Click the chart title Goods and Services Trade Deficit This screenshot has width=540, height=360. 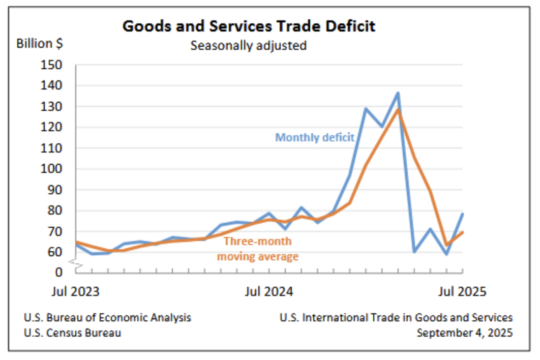click(249, 26)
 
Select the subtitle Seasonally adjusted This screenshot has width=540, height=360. click(249, 45)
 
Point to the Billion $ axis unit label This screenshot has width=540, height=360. click(40, 43)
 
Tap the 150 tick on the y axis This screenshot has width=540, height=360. click(51, 65)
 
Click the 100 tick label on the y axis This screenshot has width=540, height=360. click(51, 169)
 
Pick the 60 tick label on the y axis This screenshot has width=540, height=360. click(54, 252)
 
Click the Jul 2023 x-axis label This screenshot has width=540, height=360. click(75, 292)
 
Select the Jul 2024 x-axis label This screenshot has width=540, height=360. click(269, 292)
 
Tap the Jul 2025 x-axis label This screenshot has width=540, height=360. click(463, 292)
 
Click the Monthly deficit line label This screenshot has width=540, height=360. click(315, 137)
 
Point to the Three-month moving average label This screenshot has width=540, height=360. click(258, 249)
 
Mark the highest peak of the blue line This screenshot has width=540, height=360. click(398, 93)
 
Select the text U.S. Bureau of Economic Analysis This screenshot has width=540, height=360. click(107, 317)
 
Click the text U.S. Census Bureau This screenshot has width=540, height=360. click(73, 333)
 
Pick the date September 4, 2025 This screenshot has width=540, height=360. click(465, 333)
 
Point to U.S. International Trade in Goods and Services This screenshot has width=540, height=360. click(396, 317)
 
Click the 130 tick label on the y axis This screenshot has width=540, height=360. click(51, 107)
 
